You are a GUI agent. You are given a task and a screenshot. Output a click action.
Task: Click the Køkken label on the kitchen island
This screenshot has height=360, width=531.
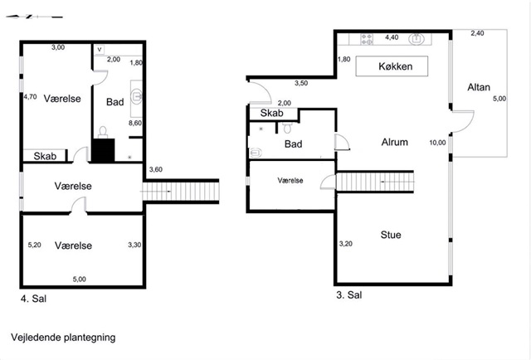coord(395,66)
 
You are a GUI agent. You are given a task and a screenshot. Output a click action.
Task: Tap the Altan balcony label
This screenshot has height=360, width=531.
coord(479,87)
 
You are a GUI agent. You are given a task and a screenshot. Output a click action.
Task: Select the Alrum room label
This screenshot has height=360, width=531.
coord(395,142)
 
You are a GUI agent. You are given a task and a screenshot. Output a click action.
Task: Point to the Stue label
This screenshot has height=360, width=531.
coord(391,235)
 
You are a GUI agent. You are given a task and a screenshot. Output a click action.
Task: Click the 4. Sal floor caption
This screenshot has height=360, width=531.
coord(33,299)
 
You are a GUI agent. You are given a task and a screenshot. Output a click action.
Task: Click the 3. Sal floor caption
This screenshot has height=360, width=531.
coord(348,295)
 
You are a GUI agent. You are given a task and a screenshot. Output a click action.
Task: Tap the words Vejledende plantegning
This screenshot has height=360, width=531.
coord(63,338)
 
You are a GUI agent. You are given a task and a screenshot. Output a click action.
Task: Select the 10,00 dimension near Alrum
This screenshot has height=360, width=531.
coord(437,143)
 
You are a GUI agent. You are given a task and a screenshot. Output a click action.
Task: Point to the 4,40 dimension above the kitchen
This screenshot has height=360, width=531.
coord(392,37)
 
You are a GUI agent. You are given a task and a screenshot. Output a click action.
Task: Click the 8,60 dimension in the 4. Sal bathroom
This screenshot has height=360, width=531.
coord(135,123)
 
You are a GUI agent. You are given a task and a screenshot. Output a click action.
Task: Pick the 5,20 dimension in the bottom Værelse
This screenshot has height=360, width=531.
coord(35,245)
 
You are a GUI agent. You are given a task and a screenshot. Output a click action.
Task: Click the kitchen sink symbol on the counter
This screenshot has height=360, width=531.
coord(417,39)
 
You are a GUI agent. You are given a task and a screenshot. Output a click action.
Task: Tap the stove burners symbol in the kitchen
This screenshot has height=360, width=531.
coord(367,39)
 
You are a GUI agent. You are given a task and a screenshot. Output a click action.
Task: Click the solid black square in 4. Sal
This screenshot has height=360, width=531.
coord(103,150)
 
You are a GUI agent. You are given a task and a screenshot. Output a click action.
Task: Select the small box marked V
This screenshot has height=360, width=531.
coord(100,50)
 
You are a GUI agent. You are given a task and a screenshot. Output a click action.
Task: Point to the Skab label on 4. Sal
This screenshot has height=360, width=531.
coord(45,156)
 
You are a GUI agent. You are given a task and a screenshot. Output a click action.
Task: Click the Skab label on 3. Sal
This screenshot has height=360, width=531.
coord(271,113)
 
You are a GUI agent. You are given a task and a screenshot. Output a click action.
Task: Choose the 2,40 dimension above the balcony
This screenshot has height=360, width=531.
coord(477,33)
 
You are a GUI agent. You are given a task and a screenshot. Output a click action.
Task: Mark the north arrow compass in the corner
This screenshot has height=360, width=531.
coord(34,17)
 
